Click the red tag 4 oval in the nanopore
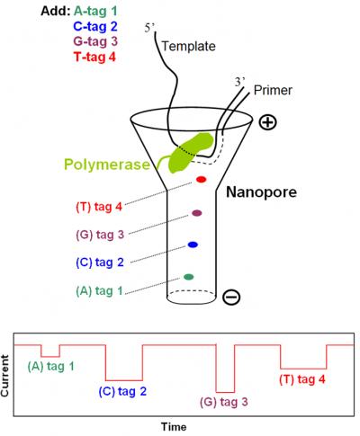(201, 180)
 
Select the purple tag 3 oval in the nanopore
(197, 213)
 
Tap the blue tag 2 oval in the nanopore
(193, 245)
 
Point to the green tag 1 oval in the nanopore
(188, 277)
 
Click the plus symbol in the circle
(267, 122)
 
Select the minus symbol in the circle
(231, 297)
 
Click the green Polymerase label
(107, 165)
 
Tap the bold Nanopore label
(261, 191)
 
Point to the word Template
(189, 46)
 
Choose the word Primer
(273, 90)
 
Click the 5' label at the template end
(149, 28)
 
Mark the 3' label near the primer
(240, 82)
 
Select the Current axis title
(5, 376)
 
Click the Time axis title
(174, 426)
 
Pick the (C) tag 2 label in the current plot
(122, 391)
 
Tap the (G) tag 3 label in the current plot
(224, 402)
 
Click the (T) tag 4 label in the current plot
(302, 379)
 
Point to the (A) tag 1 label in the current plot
(50, 366)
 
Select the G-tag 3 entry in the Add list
(95, 41)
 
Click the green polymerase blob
(191, 153)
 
